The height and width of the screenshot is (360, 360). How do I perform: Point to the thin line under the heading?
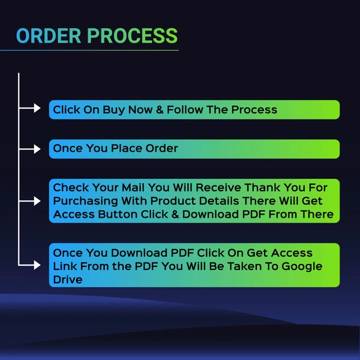point(96,50)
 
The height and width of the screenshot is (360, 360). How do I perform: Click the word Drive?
point(67,280)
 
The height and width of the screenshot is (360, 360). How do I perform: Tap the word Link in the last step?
point(65,266)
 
